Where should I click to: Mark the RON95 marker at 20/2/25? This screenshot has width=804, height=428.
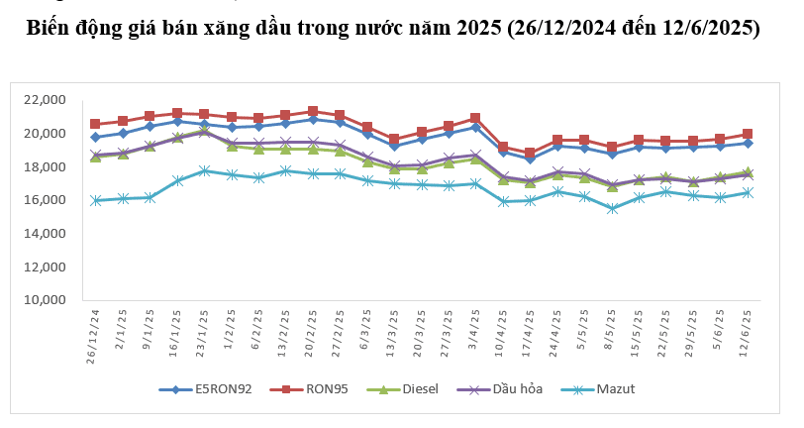tap(313, 112)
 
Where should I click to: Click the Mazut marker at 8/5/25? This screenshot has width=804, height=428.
tap(612, 209)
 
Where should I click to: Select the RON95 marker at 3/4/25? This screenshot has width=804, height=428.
tap(476, 118)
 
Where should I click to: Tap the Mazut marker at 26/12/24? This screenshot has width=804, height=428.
tap(96, 200)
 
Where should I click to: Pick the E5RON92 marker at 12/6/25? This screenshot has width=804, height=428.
tap(749, 143)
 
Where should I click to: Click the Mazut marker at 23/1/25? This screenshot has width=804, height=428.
tap(204, 170)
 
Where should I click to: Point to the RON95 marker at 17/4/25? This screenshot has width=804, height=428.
tap(530, 154)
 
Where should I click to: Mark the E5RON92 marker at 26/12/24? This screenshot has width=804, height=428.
tap(96, 138)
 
